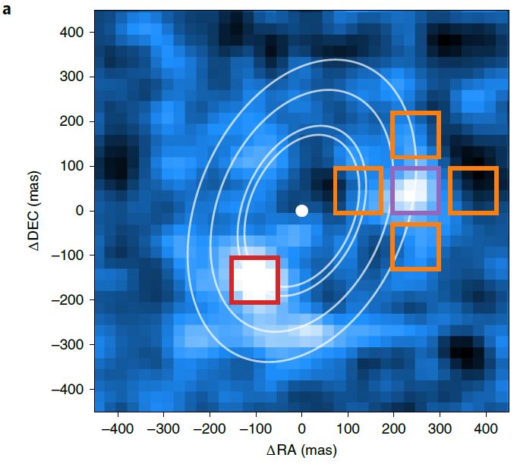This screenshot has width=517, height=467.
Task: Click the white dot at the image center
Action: coord(301,211)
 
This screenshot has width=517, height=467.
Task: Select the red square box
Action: coord(232,280)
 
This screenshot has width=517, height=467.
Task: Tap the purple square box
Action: coord(392,191)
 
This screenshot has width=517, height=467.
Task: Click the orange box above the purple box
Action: coord(392,135)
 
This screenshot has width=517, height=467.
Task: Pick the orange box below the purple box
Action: coord(392,246)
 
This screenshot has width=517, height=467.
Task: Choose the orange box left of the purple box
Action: coord(336,191)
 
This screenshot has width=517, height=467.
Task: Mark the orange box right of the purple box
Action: coord(450,191)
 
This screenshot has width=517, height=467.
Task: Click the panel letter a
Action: coord(7,10)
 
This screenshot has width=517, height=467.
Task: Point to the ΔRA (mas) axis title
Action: coord(301,450)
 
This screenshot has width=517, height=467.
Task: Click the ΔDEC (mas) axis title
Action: coord(34,211)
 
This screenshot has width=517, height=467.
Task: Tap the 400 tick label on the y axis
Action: coord(71,33)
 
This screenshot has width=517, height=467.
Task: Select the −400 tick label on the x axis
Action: coord(118,429)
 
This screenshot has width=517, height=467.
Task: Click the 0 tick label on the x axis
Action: coord(301,429)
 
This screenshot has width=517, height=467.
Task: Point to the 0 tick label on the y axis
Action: coord(80,211)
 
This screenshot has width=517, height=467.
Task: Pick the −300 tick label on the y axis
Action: coord(68,344)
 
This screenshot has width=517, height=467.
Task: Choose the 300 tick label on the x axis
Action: coord(440,429)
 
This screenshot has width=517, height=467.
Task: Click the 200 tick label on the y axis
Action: coord(71,121)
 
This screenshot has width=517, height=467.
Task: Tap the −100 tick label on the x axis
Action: coord(256,429)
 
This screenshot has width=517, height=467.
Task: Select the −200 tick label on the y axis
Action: coord(68,300)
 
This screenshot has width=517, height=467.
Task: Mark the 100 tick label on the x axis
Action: coord(348,429)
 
